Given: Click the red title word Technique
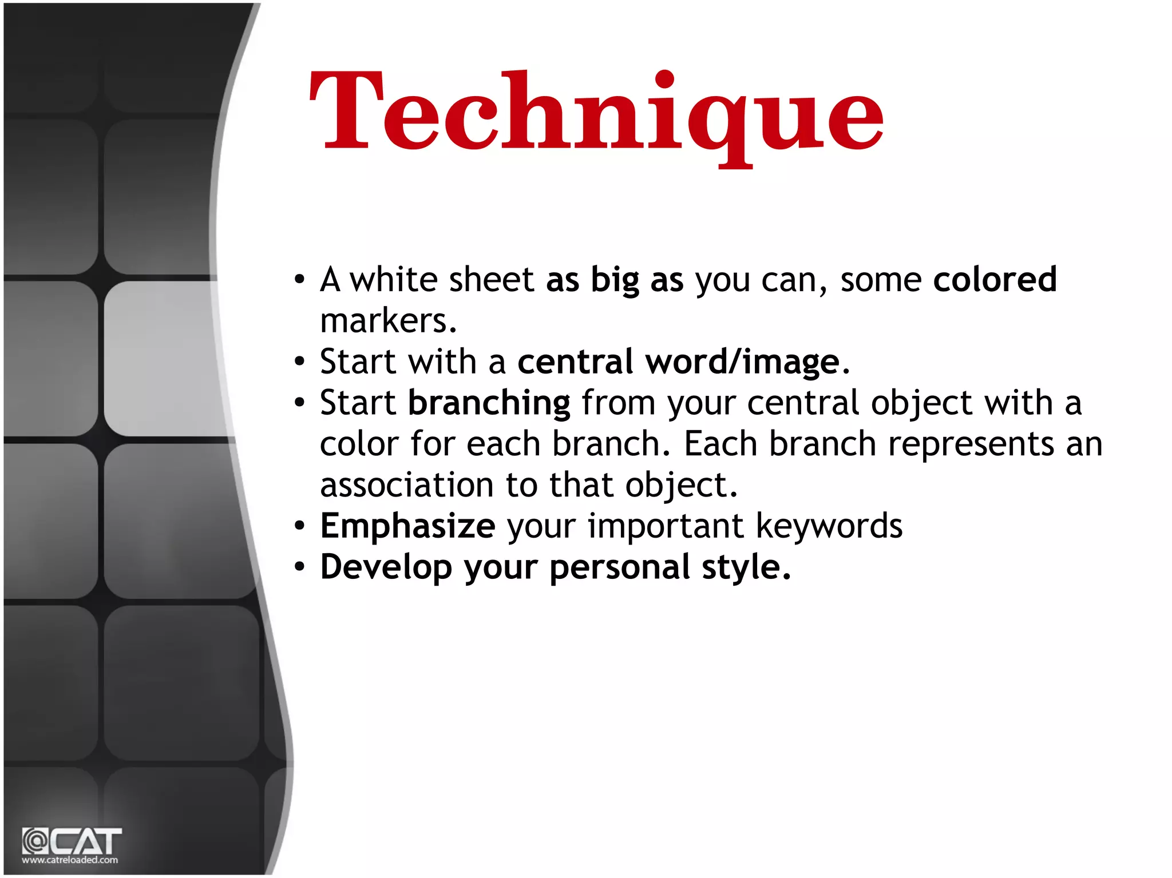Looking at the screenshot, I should pyautogui.click(x=596, y=114).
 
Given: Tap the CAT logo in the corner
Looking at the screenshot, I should pyautogui.click(x=72, y=841).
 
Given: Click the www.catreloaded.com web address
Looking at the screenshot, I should pyautogui.click(x=70, y=860).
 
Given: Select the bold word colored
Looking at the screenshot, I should pyautogui.click(x=995, y=280).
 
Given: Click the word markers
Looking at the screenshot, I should pyautogui.click(x=388, y=321).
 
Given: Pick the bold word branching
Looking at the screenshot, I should pyautogui.click(x=489, y=403).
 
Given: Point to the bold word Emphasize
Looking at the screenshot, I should pyautogui.click(x=407, y=526).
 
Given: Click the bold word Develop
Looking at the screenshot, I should pyautogui.click(x=386, y=567).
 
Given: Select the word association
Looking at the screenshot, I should pyautogui.click(x=406, y=485).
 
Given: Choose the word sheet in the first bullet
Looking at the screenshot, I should pyautogui.click(x=491, y=280).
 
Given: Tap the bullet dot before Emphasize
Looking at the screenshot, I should pyautogui.click(x=299, y=526).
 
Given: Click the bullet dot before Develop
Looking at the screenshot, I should pyautogui.click(x=299, y=567).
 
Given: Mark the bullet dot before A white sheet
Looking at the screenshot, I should pyautogui.click(x=299, y=280).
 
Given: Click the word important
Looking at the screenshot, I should pyautogui.click(x=666, y=526).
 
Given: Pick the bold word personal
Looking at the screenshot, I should pyautogui.click(x=620, y=567).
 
